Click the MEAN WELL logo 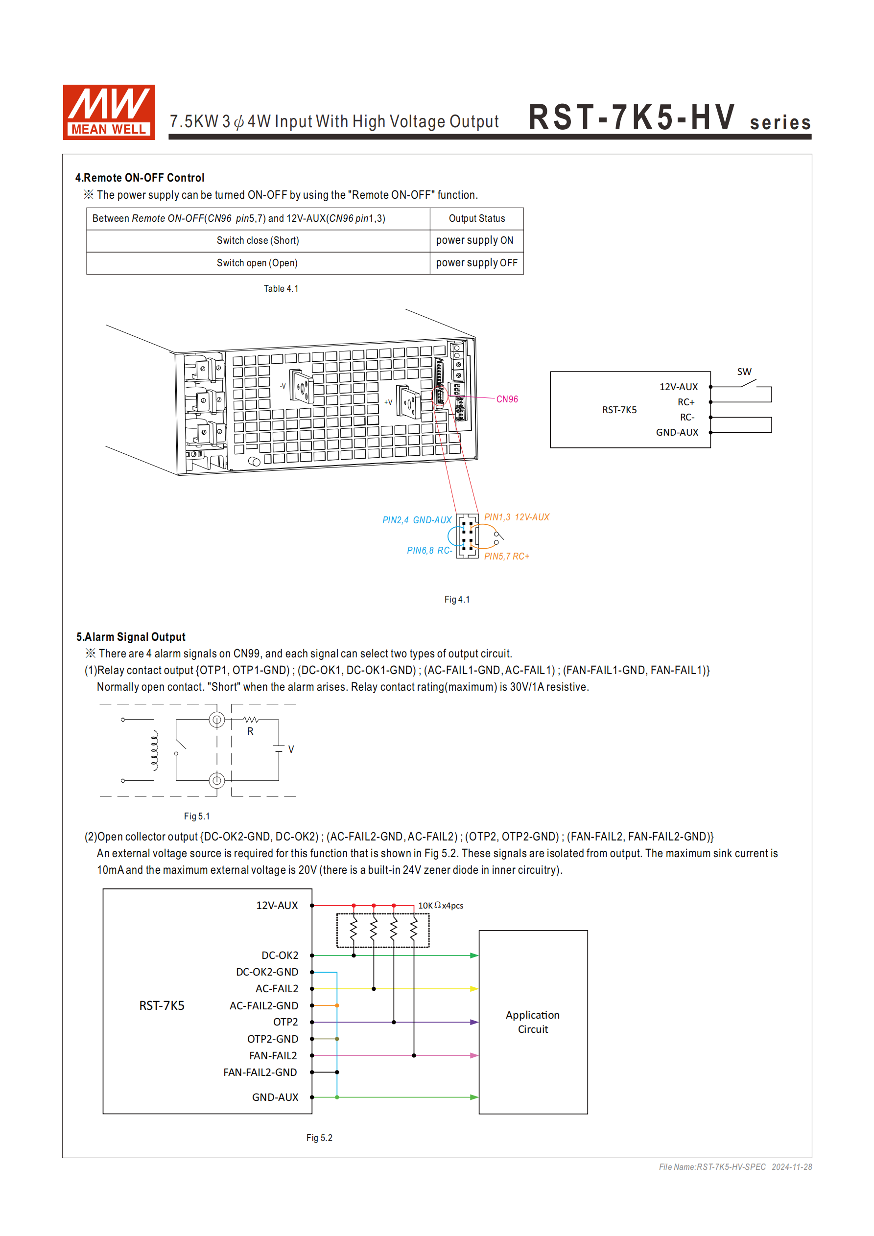[109, 112]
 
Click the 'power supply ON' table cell [474, 241]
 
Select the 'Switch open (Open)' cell [258, 263]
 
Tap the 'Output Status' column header [476, 218]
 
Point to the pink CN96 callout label [507, 399]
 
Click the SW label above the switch [744, 372]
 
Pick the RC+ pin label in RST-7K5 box [685, 402]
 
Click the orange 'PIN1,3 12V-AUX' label [517, 517]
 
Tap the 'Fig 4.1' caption [457, 600]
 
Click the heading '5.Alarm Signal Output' [131, 637]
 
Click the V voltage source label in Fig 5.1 [291, 749]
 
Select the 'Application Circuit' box [533, 1022]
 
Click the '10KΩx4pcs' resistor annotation [441, 906]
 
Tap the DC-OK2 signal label [280, 956]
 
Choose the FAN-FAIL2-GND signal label [260, 1073]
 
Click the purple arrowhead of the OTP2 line [474, 1022]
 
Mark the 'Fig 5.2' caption [319, 1138]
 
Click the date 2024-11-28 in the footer [792, 1167]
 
